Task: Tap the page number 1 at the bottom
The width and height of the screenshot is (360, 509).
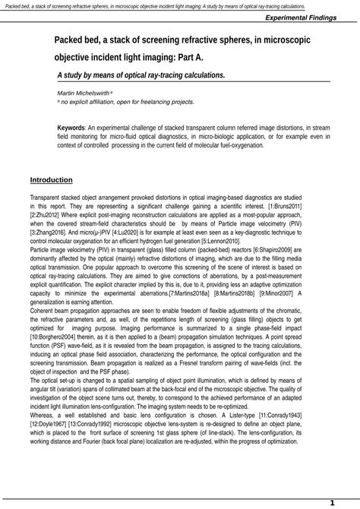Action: coord(332,502)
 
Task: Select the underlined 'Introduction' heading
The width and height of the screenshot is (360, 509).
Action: coord(51,180)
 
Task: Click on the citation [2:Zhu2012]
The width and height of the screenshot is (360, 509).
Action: coord(46,215)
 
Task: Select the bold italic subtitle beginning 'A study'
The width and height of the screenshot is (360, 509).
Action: coord(141,75)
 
